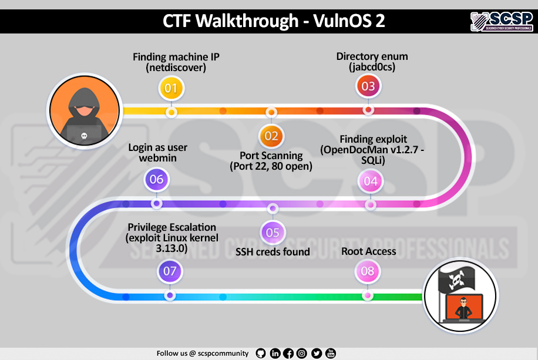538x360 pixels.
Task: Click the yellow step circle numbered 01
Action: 171,89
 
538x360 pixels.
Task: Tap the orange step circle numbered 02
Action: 271,136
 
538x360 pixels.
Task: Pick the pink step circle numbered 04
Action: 371,181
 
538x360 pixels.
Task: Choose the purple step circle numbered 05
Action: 273,232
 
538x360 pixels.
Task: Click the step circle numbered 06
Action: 156,180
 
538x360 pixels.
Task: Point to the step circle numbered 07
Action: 170,271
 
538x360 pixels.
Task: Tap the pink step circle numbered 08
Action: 367,271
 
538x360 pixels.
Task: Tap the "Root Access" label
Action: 368,251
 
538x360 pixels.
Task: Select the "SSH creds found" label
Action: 273,253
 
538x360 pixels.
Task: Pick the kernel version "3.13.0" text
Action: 172,248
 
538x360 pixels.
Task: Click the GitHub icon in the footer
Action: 261,353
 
